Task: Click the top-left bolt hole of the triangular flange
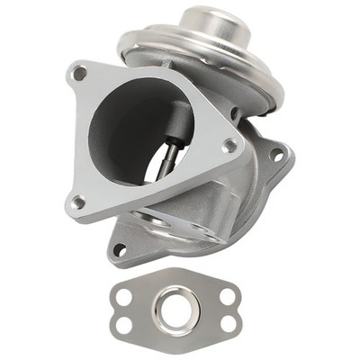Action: [x=80, y=74]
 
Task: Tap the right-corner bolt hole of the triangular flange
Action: [x=230, y=144]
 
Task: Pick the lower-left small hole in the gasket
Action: [x=124, y=324]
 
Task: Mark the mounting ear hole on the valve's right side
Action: [x=276, y=155]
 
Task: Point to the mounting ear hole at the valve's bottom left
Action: [x=120, y=249]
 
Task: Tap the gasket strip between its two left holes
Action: [x=124, y=310]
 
